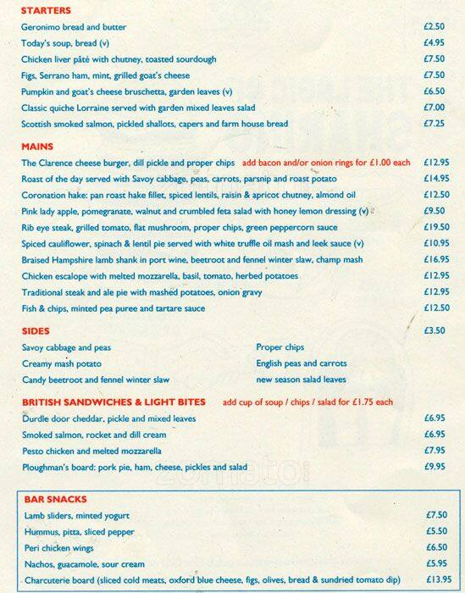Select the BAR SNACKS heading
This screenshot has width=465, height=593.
pos(56,499)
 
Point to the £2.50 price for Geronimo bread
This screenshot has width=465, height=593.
pos(435,27)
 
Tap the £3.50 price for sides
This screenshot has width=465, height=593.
pos(435,330)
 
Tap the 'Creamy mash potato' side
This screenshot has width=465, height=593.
pos(61,363)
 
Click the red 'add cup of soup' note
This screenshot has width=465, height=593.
pos(308,402)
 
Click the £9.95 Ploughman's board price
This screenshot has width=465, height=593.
pos(435,467)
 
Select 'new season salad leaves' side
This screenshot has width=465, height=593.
pos(301,380)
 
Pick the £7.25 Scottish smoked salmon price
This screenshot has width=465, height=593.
pos(435,124)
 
